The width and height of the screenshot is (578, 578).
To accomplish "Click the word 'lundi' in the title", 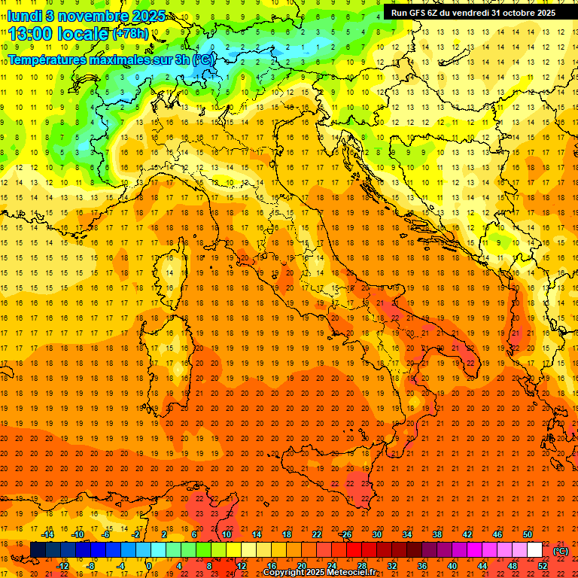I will [23, 15].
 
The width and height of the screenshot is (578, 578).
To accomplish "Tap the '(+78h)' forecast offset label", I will [131, 34].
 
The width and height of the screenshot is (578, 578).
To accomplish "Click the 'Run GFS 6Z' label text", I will [413, 13].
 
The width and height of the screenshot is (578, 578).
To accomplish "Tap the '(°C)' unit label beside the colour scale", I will [561, 551].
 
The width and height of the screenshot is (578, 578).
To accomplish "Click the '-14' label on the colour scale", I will [47, 534].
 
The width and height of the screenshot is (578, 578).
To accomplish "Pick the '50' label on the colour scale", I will [527, 534].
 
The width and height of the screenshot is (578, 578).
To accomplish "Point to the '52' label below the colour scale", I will [543, 566].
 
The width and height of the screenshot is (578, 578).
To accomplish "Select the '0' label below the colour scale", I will [149, 566].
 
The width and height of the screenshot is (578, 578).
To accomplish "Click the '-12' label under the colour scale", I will [62, 566].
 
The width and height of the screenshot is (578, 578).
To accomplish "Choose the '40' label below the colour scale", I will [452, 566].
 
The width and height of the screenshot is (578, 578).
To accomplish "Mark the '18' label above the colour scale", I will [286, 534].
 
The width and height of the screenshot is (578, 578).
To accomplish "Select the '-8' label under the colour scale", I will [92, 566].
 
